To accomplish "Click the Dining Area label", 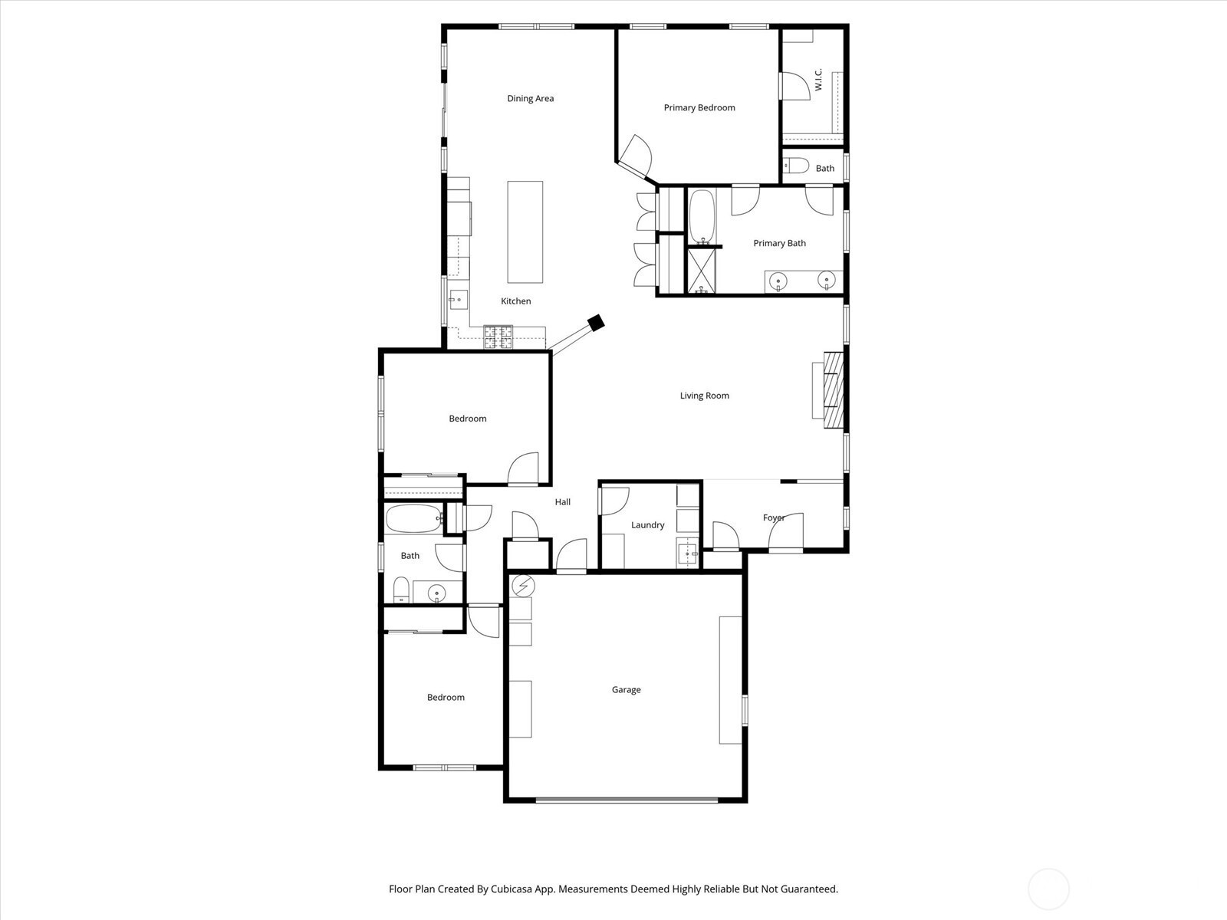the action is (530, 98).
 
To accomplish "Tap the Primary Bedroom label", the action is (699, 108).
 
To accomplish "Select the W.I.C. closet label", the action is (818, 79).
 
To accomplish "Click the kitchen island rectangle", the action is (525, 232).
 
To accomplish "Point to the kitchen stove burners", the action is (498, 337).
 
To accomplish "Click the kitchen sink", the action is (459, 300).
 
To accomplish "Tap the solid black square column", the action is (596, 323).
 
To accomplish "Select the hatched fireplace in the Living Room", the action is (833, 389).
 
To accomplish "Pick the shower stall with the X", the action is (701, 271).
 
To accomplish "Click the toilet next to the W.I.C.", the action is (795, 166).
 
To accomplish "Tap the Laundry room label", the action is (647, 525).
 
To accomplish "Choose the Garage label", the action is (626, 690).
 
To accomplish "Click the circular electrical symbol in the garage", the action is (524, 586).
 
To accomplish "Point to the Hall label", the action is (562, 502).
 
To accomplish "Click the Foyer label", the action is (774, 517).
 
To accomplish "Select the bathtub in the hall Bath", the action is (414, 519).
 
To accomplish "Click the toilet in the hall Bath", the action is (401, 590).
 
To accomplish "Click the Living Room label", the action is (704, 396).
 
